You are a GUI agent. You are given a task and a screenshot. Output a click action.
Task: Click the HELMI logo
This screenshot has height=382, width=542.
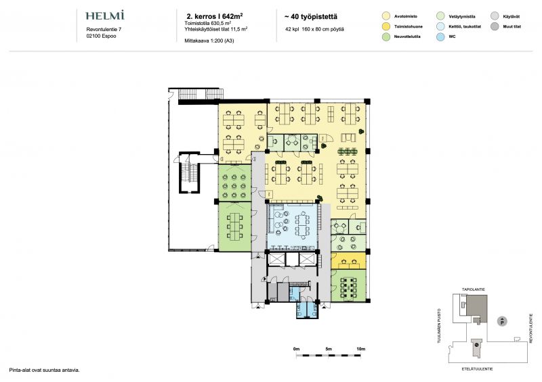click(x=105, y=16)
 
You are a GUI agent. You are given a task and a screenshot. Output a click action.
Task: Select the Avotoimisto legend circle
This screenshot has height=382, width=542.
click(x=386, y=16)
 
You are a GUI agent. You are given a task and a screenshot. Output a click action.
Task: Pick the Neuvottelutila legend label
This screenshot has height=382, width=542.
click(x=407, y=37)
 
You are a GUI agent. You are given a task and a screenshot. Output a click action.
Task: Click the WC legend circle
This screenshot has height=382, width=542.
click(x=440, y=37)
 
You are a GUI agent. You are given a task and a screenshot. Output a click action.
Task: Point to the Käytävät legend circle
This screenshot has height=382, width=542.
click(x=495, y=16)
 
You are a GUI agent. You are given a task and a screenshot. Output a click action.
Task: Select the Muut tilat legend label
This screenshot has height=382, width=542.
click(x=512, y=26)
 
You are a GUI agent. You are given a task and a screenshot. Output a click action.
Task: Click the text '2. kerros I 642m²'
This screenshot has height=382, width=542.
click(x=214, y=16)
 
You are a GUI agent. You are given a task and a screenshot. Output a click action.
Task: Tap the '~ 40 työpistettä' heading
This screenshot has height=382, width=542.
click(x=310, y=16)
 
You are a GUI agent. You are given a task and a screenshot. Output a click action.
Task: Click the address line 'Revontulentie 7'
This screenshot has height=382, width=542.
click(x=104, y=30)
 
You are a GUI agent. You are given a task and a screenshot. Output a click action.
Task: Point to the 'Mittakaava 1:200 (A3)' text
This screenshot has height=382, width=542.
click(x=209, y=41)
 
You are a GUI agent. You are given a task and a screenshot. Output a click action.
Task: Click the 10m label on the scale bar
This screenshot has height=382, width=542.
click(x=360, y=349)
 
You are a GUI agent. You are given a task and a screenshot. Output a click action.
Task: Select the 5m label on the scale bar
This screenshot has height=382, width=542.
click(x=329, y=349)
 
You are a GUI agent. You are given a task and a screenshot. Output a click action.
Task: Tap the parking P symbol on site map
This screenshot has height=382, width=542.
click(x=502, y=321)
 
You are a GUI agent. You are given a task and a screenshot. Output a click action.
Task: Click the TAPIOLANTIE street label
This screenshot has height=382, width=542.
click(x=474, y=289)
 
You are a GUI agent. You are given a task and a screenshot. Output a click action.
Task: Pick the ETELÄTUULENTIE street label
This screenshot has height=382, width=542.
click(x=478, y=369)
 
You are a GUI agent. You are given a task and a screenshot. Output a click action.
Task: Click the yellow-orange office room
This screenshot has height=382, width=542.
click(x=348, y=260)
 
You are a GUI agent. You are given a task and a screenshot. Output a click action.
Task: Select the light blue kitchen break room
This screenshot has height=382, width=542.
click(x=292, y=226)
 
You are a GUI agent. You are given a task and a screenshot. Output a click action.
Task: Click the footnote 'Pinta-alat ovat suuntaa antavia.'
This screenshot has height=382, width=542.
click(x=44, y=371)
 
